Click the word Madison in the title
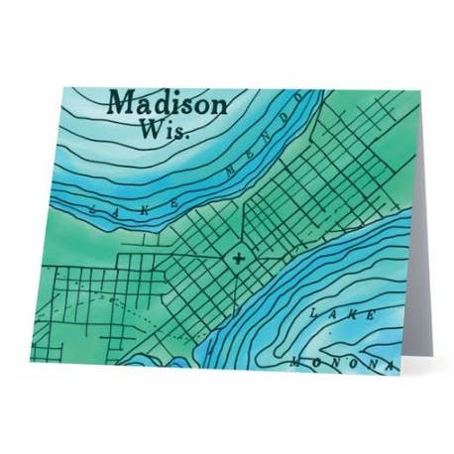tap(167, 102)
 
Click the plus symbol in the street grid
tap(238, 260)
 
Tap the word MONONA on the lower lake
tap(337, 365)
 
